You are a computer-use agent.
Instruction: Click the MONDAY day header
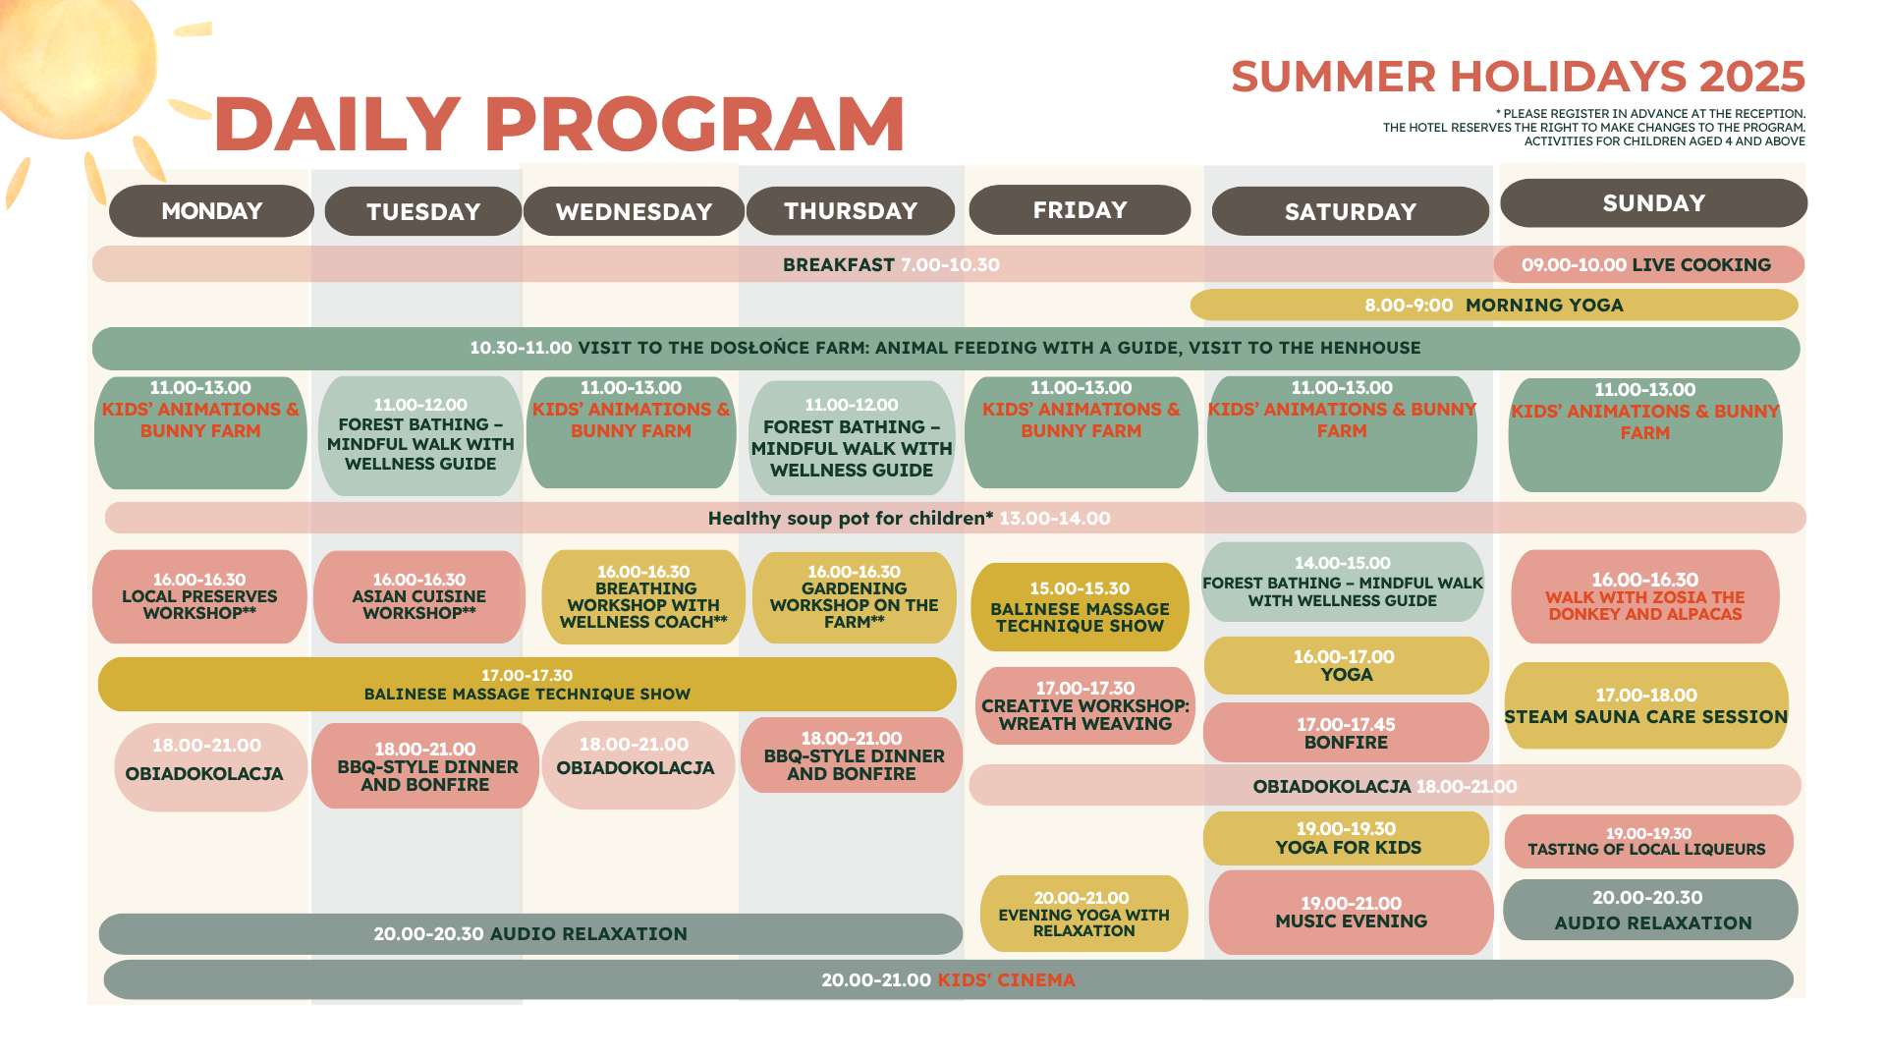point(211,211)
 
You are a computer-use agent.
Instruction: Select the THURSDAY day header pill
point(851,211)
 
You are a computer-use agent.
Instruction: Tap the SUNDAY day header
point(1653,203)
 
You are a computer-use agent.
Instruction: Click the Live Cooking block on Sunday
point(1648,264)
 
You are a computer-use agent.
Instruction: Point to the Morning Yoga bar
point(1494,305)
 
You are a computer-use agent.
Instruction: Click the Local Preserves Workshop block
point(199,596)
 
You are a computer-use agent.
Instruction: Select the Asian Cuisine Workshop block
point(419,596)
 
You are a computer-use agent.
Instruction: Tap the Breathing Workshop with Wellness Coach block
point(643,596)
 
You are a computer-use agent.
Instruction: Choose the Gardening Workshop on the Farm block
point(855,596)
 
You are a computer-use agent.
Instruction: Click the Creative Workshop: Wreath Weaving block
point(1085,705)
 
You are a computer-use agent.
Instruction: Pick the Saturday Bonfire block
point(1347,732)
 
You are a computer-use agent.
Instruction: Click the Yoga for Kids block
point(1347,838)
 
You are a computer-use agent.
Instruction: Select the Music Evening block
point(1351,912)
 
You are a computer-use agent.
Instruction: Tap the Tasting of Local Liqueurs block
point(1648,841)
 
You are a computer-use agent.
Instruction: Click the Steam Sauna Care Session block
point(1646,705)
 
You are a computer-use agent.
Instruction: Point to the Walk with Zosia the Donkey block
point(1645,596)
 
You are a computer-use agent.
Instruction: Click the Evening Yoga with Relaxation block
point(1084,914)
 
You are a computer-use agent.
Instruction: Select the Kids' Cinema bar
point(948,979)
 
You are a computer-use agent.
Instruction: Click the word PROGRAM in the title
point(694,124)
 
